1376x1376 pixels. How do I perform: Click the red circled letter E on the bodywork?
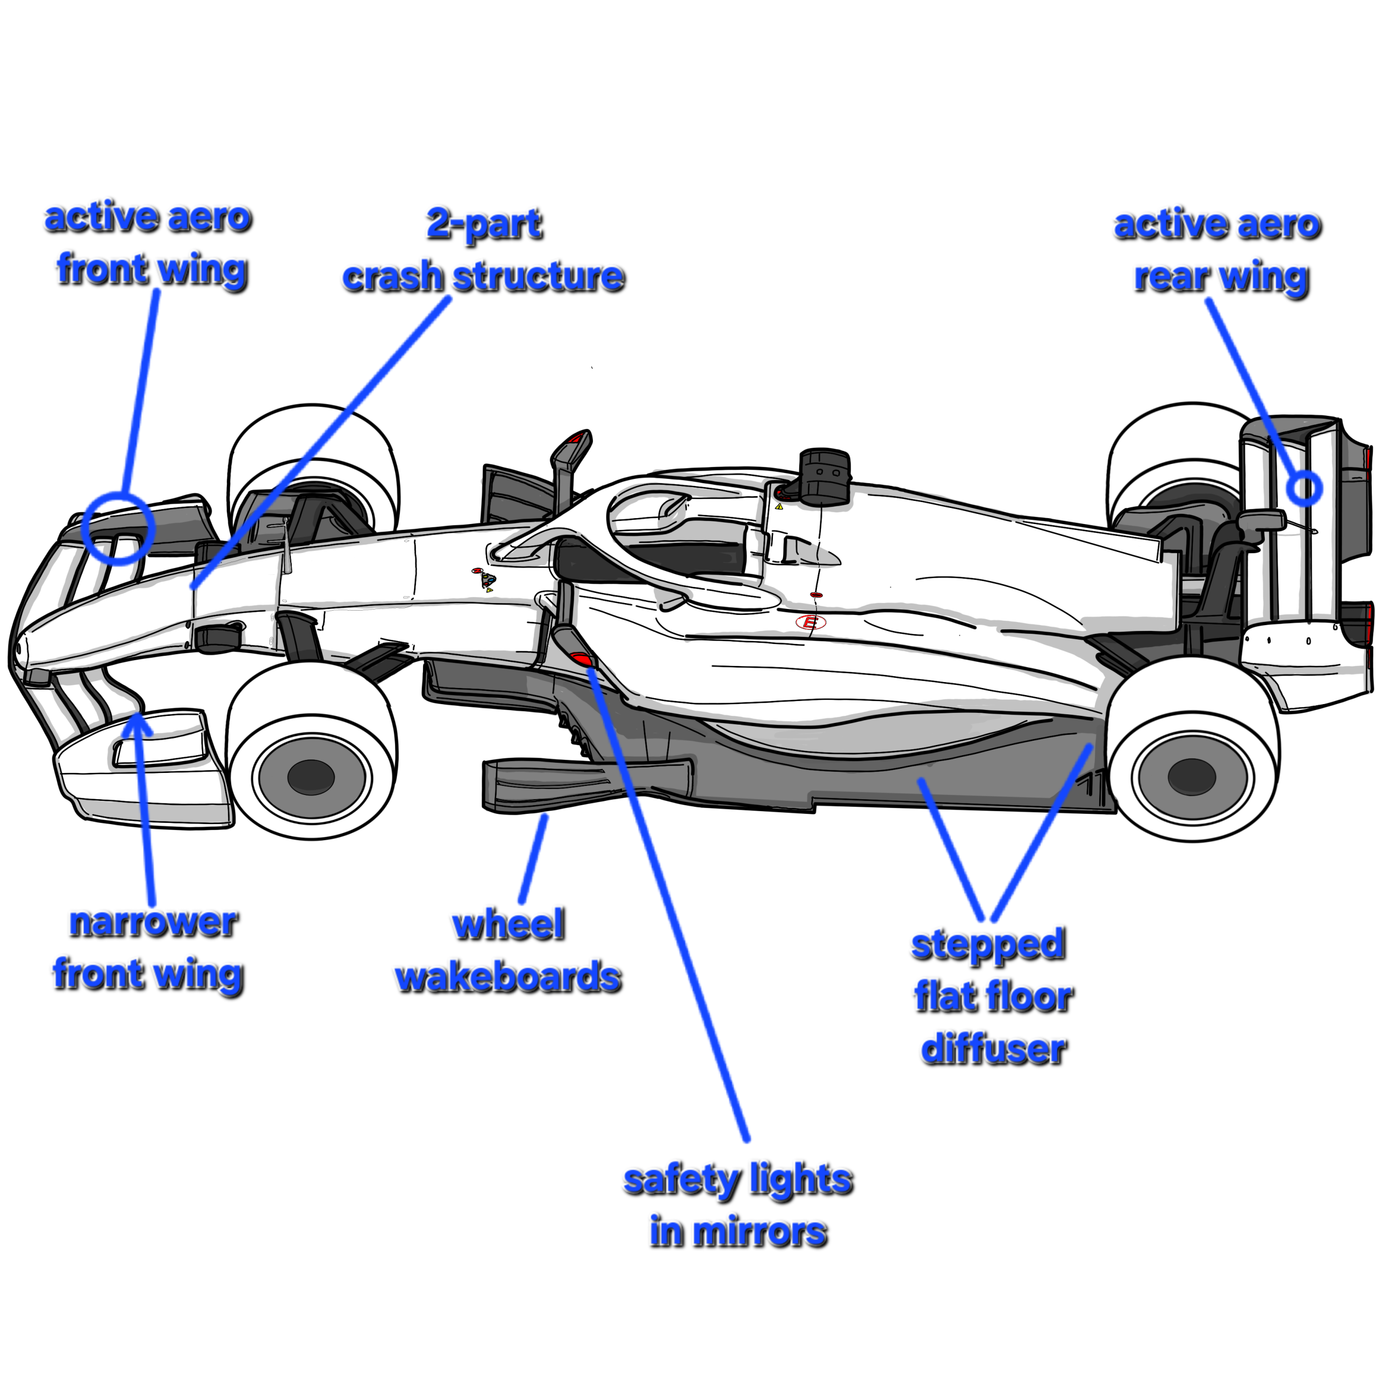point(810,622)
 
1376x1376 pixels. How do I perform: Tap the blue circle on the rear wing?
point(1304,489)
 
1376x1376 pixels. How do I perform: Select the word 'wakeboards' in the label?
point(508,977)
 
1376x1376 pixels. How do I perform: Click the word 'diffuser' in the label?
point(993,1049)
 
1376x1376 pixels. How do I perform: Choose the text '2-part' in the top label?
point(484,225)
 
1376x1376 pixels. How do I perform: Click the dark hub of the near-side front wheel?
point(311,776)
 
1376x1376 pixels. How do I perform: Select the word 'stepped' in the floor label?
point(988,945)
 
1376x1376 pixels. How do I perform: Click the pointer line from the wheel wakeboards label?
point(534,858)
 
